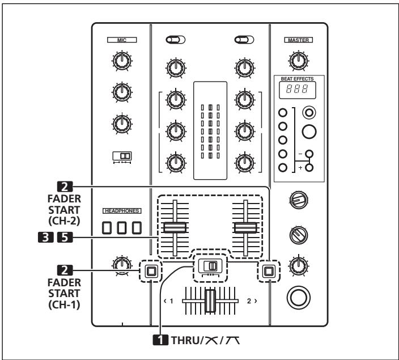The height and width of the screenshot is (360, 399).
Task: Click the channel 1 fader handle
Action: (x=175, y=228)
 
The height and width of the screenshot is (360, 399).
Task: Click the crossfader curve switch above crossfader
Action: (x=210, y=265)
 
